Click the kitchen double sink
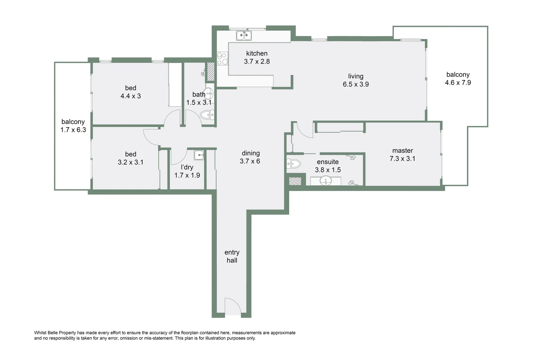[244, 35]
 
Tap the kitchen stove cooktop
[222, 59]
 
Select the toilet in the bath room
[208, 115]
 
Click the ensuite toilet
[294, 164]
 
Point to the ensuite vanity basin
[325, 181]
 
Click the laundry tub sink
[199, 155]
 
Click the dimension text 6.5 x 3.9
[356, 84]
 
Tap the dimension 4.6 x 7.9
[458, 83]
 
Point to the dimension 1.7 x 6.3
[73, 130]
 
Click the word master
[402, 151]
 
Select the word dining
[251, 153]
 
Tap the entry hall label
[232, 256]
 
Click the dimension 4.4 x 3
[131, 96]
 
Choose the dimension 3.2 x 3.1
[131, 162]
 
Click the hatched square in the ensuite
[295, 181]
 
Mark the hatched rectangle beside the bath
[211, 72]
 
